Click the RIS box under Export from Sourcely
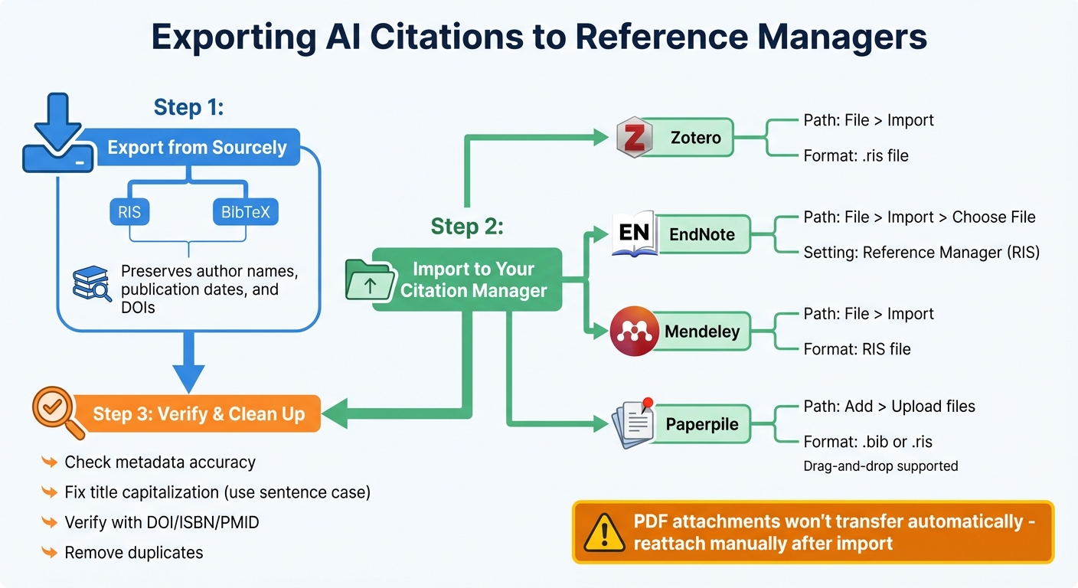pos(129,212)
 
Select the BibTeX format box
pos(245,212)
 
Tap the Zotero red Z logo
pos(634,139)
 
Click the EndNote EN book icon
pos(635,234)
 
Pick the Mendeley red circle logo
pos(635,331)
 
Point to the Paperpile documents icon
pos(633,423)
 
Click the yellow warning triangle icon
pos(603,532)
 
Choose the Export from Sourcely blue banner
pos(197,148)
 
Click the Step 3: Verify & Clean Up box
pos(198,414)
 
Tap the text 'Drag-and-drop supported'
pos(880,465)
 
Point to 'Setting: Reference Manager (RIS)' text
pos(921,253)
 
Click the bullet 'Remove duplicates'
pos(134,552)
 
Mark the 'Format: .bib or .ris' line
pos(867,442)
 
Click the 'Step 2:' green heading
pos(467,227)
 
